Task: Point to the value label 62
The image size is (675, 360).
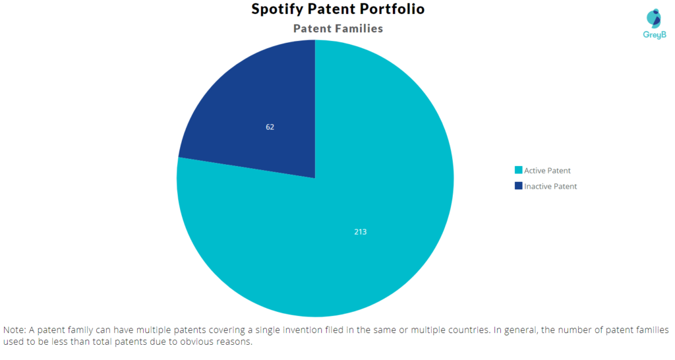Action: pyautogui.click(x=270, y=127)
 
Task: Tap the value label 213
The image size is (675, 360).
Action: pyautogui.click(x=360, y=232)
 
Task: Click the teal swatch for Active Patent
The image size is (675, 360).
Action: pyautogui.click(x=518, y=171)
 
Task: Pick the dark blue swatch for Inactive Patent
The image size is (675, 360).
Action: pyautogui.click(x=518, y=187)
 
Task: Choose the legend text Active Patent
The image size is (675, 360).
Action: pyautogui.click(x=547, y=171)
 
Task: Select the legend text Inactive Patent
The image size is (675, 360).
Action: pyautogui.click(x=550, y=187)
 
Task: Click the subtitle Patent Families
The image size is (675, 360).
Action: pyautogui.click(x=337, y=28)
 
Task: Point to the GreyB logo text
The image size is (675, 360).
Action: pyautogui.click(x=654, y=34)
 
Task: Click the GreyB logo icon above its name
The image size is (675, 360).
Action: pyautogui.click(x=653, y=18)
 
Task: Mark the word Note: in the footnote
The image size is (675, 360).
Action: pyautogui.click(x=15, y=330)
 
